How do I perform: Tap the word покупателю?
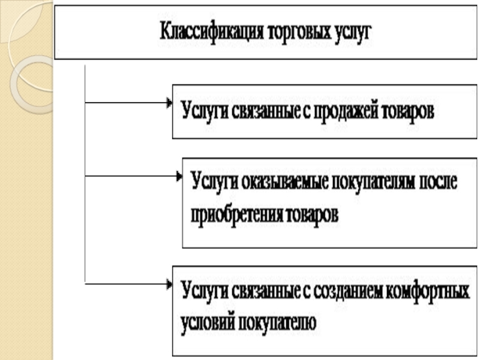277,323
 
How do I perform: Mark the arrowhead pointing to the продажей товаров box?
169,103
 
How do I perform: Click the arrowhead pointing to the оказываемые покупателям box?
178,176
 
